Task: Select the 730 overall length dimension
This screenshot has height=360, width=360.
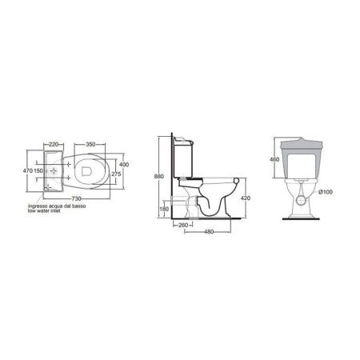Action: click(76, 198)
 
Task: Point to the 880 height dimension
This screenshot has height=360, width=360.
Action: click(161, 177)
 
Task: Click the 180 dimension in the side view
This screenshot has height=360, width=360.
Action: click(164, 210)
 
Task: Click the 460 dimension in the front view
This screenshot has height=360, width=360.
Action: click(274, 160)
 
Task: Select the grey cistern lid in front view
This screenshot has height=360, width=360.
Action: click(302, 145)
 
